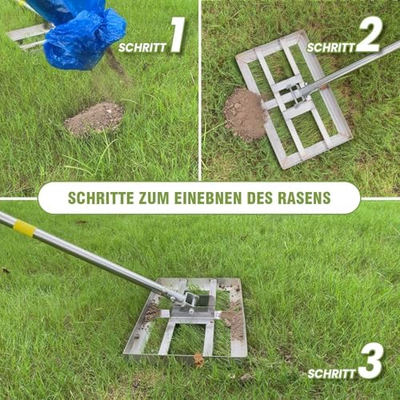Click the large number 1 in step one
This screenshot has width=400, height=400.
[x=177, y=36]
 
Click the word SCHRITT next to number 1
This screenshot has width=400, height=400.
[x=142, y=47]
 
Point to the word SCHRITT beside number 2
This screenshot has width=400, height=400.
[x=331, y=47]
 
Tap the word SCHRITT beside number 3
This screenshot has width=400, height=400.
[x=331, y=374]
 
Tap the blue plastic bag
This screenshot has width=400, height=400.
[x=80, y=32]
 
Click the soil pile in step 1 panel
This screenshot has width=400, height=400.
[x=94, y=118]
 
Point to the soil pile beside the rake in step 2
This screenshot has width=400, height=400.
[x=244, y=113]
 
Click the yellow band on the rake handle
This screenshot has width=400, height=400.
[x=24, y=228]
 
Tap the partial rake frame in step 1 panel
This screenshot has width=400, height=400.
[x=28, y=34]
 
